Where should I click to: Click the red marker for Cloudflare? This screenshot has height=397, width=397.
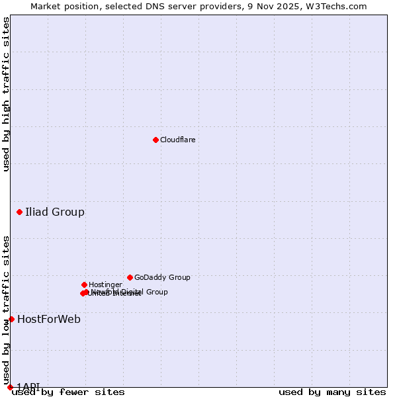(x=155, y=140)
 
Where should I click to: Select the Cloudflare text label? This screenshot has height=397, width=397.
(x=177, y=140)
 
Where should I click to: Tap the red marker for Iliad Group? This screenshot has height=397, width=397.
(x=20, y=212)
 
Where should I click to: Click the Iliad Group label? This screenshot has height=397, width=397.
(x=55, y=212)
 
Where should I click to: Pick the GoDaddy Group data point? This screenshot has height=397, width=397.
(x=130, y=277)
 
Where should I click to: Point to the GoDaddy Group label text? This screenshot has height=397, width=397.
(x=162, y=278)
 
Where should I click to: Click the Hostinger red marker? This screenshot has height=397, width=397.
(x=84, y=285)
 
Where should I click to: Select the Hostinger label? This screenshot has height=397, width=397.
(x=105, y=285)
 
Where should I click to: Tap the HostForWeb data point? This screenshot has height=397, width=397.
(x=11, y=319)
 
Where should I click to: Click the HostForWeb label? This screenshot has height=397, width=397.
(x=49, y=320)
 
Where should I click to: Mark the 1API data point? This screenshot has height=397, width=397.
(x=10, y=387)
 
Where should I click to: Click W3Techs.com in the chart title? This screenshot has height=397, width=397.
(x=338, y=6)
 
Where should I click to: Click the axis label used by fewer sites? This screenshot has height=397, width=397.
(x=68, y=392)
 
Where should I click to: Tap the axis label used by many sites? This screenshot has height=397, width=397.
(x=332, y=392)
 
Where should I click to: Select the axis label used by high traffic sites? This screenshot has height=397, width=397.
(x=6, y=94)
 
